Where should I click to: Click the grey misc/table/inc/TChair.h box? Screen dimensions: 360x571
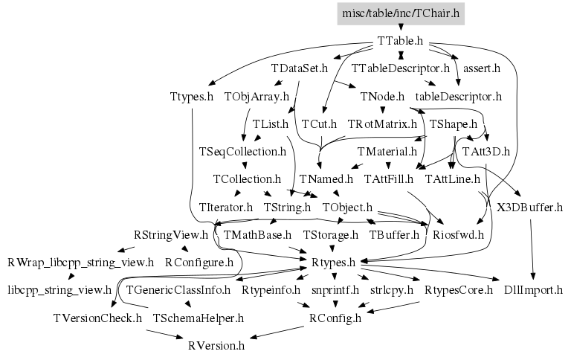401,13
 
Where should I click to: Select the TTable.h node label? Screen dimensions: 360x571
400,41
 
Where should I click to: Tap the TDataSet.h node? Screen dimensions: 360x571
300,68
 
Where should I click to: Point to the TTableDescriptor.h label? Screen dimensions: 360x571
400,68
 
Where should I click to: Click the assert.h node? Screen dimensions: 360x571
481,68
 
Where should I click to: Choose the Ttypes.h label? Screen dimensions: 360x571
191,97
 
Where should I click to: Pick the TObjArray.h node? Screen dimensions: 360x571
257,97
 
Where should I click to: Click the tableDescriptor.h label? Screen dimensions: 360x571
459,97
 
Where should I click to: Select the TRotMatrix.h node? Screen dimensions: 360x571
382,123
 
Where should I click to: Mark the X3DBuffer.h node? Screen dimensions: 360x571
529,207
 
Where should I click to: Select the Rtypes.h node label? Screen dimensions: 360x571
334,263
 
